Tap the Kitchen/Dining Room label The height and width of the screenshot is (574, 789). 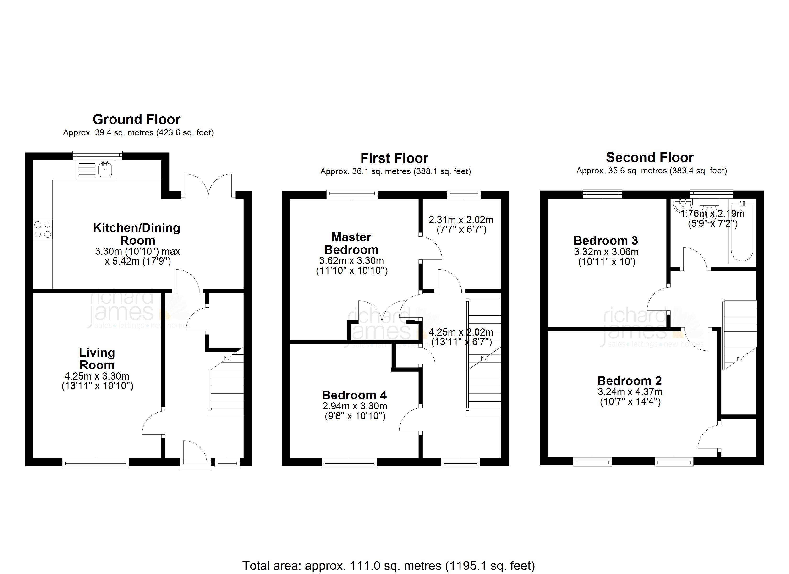pyautogui.click(x=137, y=234)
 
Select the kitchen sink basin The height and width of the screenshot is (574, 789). pyautogui.click(x=105, y=170)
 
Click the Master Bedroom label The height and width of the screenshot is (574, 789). pyautogui.click(x=351, y=243)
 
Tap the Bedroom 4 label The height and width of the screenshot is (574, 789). pyautogui.click(x=354, y=395)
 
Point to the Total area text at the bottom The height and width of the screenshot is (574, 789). pyautogui.click(x=389, y=566)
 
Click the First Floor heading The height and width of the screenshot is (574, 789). pyautogui.click(x=394, y=158)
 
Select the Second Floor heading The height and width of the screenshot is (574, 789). pyautogui.click(x=650, y=158)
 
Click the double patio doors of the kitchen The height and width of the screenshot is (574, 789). pyautogui.click(x=208, y=185)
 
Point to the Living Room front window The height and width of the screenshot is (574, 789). pyautogui.click(x=96, y=462)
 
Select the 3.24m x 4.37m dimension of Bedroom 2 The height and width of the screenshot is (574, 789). pyautogui.click(x=630, y=392)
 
